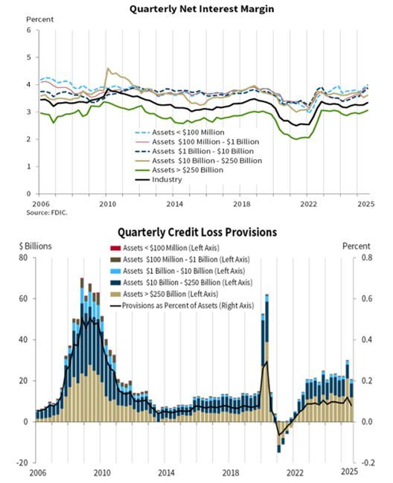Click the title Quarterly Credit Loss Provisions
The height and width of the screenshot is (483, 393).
click(x=197, y=231)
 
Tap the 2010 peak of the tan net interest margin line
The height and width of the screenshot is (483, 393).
click(x=109, y=69)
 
